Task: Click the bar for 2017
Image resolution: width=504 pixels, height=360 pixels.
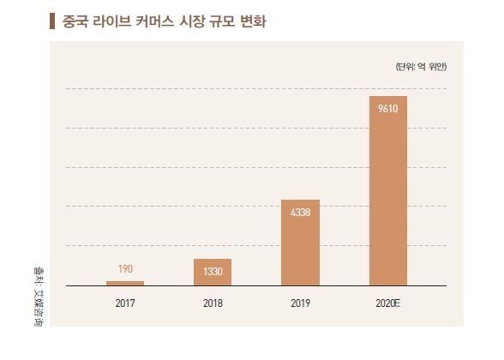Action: coord(125,282)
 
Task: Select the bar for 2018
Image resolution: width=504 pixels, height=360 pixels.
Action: coord(213,271)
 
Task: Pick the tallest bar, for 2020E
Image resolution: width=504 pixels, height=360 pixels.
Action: coord(388,190)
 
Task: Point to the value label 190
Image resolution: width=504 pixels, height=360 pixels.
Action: coord(125,269)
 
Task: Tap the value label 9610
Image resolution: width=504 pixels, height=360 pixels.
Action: coord(388,108)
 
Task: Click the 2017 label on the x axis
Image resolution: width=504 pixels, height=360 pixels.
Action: coord(125,303)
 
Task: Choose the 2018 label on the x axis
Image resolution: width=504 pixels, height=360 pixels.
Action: coord(213,303)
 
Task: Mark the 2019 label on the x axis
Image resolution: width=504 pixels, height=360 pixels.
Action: coord(301,303)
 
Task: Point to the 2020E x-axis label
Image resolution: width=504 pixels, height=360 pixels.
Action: coord(388,303)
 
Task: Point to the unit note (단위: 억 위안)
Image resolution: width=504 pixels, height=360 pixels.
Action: coord(421,66)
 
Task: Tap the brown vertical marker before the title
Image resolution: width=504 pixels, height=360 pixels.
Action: coord(55,20)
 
